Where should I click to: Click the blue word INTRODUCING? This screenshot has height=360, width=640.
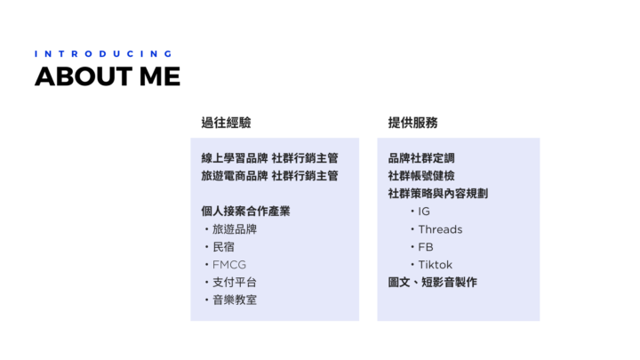coord(103,54)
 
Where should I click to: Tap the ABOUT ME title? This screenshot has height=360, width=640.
coord(108,76)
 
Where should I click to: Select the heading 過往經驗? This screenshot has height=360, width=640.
coord(226,123)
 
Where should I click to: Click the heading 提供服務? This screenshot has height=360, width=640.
coord(412,123)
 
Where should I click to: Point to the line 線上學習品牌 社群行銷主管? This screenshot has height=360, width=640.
coord(270,158)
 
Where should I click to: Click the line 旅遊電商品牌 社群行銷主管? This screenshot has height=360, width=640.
coord(270,176)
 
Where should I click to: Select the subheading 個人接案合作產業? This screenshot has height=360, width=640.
coord(245,212)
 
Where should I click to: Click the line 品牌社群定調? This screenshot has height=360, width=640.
coord(421,158)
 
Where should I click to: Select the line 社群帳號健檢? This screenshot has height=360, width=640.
coord(421,176)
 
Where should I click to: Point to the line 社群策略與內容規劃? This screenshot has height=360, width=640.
coord(438,194)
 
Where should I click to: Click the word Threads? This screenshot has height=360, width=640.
coord(440,229)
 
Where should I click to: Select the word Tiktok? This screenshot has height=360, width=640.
coord(436,265)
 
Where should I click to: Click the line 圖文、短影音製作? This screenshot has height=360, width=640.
coord(433,283)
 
